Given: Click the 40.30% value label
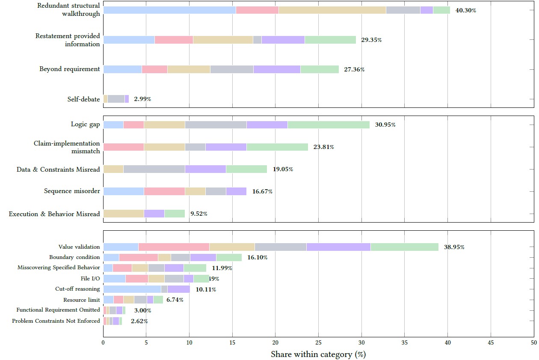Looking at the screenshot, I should point(466,10).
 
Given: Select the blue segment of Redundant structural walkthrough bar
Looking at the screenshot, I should point(169,10).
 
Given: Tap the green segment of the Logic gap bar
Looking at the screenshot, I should point(328,125).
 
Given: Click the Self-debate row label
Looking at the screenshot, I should point(83,99).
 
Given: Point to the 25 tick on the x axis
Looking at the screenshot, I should point(318,343).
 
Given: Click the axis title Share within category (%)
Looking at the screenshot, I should point(318,354).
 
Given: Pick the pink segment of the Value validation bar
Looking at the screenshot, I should point(174,247).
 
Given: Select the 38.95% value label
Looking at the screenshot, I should point(454,247).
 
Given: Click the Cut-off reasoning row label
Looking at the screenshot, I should point(77,289).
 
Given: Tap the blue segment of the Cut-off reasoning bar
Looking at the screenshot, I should point(132,289).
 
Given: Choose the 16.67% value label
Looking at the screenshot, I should point(262,191).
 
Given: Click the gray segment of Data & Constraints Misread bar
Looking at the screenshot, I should point(154,169).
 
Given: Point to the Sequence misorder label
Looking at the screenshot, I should point(72,191).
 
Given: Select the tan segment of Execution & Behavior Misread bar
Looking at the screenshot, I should point(123,214).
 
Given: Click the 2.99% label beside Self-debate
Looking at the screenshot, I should point(142,99).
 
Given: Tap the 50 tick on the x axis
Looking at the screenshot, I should point(533,343).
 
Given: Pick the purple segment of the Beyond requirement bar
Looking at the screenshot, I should point(277,69).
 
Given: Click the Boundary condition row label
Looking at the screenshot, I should point(74,257).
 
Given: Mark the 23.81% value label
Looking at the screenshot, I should point(324,147).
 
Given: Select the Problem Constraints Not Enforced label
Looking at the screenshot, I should point(56,321).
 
